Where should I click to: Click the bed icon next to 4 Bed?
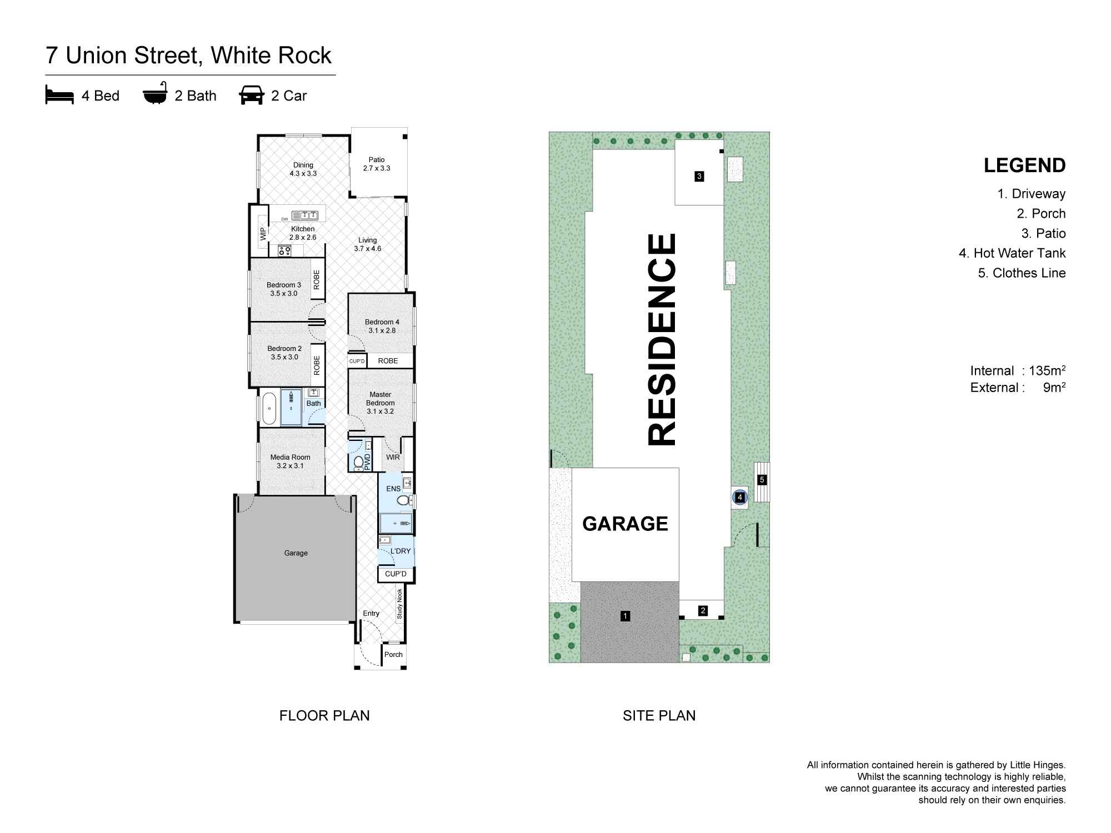coord(59,96)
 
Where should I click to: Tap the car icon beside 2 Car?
coord(251,96)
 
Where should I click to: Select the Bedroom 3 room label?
coord(284,289)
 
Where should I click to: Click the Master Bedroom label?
coord(381,403)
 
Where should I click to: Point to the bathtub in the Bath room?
coord(269,408)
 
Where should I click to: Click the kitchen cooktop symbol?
coord(284,251)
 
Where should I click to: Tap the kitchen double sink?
coord(305,215)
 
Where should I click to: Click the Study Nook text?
coord(399,604)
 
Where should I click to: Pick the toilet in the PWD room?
coord(358,461)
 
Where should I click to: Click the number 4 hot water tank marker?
coord(740,498)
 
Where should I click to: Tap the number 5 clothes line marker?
coord(762,480)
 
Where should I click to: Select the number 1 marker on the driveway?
coord(625,616)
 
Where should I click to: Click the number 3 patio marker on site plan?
coord(699,177)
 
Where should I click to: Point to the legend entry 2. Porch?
coord(1041,214)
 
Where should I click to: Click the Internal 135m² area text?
coord(1018,371)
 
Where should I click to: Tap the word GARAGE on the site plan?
coord(625,524)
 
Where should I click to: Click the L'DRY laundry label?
coord(400,551)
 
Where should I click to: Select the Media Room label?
coord(290,461)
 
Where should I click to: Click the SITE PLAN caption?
coord(659,716)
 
